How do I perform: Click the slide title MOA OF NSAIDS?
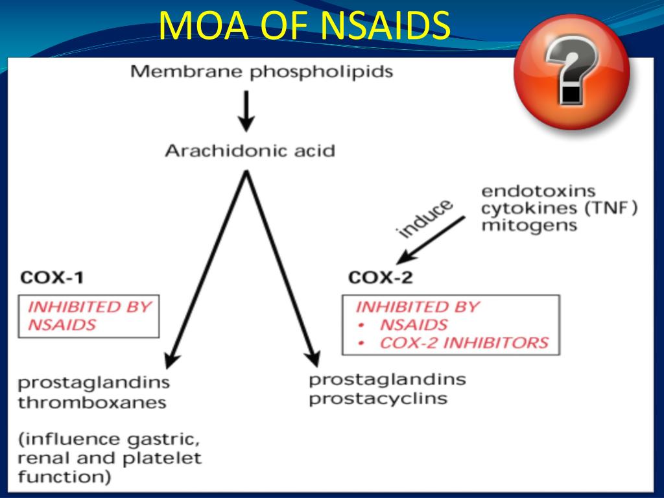(x=304, y=27)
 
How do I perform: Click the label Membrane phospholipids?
(x=261, y=71)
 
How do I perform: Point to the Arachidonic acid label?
(x=250, y=151)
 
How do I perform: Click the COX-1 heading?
(x=52, y=278)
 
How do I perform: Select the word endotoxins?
(x=538, y=191)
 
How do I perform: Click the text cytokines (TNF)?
(x=559, y=209)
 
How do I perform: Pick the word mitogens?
(x=528, y=226)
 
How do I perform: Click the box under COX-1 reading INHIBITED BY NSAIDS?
(x=89, y=316)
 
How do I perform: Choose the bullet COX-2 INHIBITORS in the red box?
(x=463, y=342)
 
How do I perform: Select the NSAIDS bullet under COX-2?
(x=413, y=325)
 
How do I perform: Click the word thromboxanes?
(x=91, y=402)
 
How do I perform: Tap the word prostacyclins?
(x=378, y=397)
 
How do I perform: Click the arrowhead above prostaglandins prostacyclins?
(x=313, y=358)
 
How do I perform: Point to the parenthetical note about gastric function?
(x=108, y=458)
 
